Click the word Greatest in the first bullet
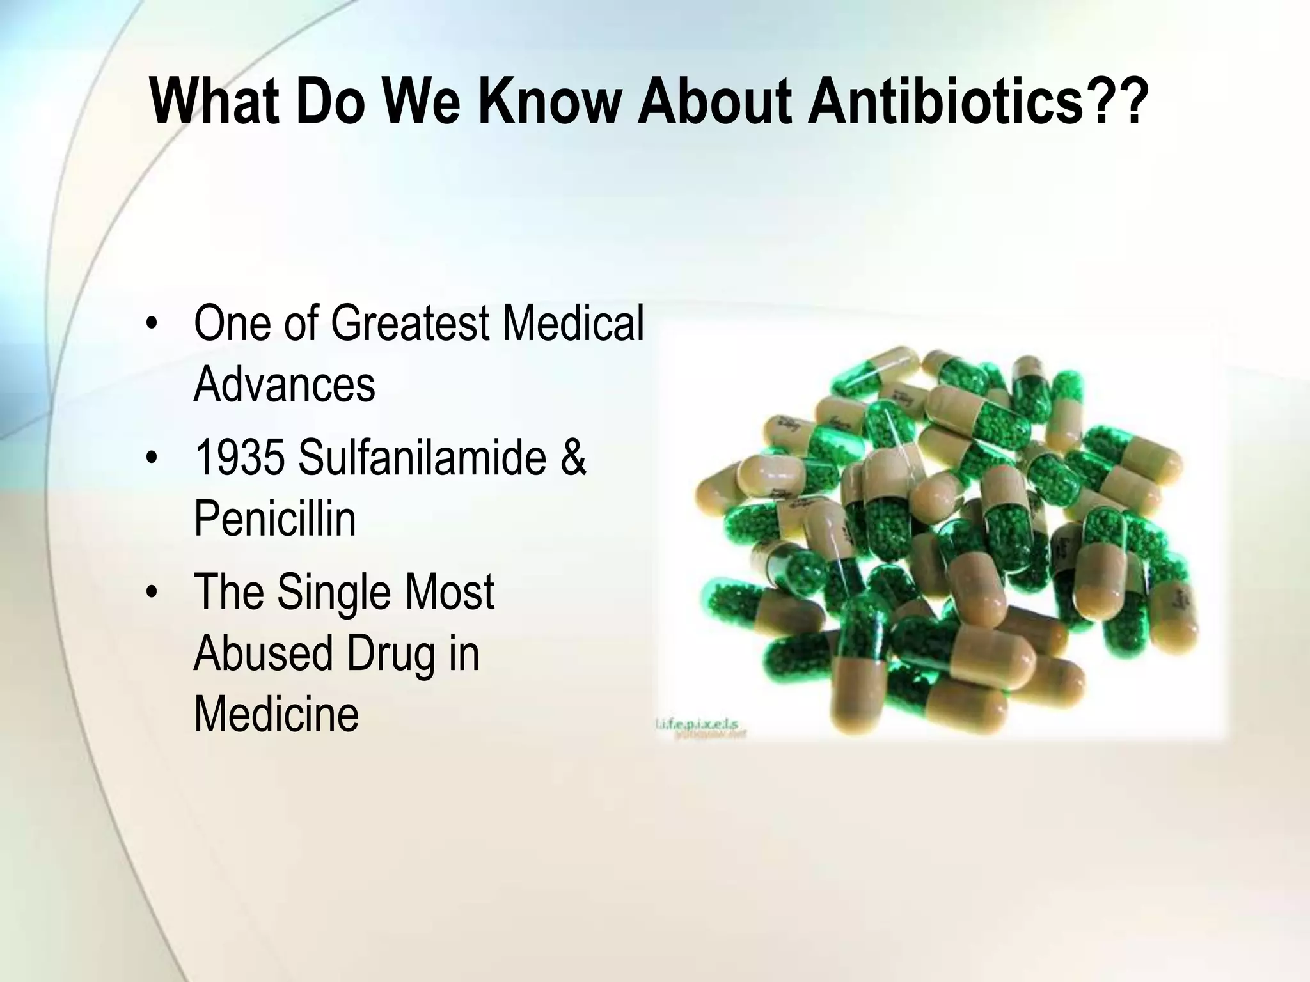tap(409, 323)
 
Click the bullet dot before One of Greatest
tap(151, 324)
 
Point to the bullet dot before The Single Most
tap(151, 593)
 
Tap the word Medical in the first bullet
tap(572, 323)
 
